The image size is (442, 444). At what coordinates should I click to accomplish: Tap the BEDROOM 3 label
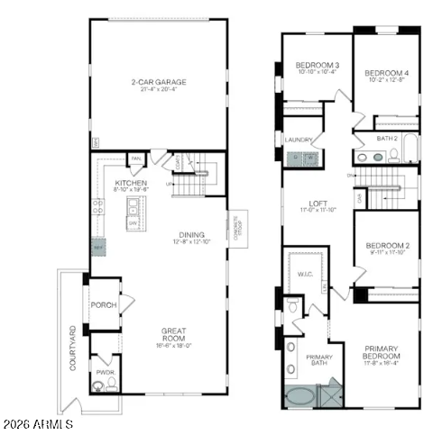pyautogui.click(x=318, y=66)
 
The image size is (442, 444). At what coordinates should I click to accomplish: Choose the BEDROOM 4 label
pyautogui.click(x=387, y=73)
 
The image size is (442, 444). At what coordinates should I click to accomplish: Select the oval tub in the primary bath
pyautogui.click(x=300, y=394)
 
